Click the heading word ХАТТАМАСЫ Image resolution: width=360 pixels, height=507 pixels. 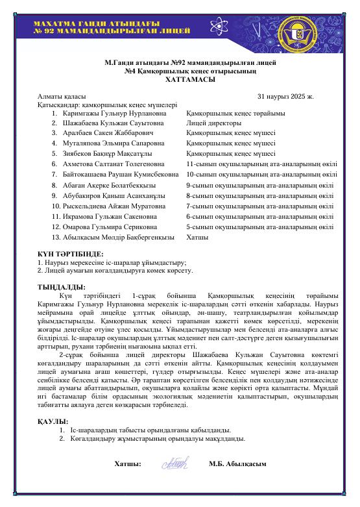(180, 79)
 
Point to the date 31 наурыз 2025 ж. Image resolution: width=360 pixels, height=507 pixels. (285, 97)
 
